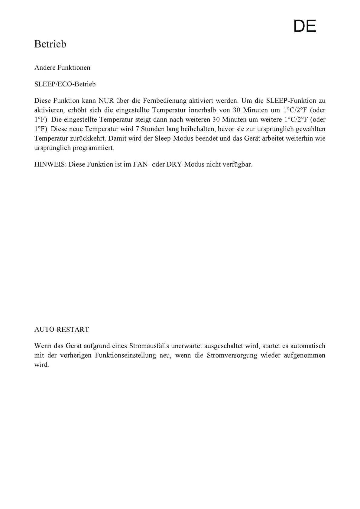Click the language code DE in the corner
click(305, 26)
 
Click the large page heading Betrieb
click(50, 44)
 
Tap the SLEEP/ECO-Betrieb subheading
click(65, 84)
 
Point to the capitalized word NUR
click(105, 101)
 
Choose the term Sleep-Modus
click(174, 138)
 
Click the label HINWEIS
click(50, 165)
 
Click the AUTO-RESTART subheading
click(62, 329)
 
